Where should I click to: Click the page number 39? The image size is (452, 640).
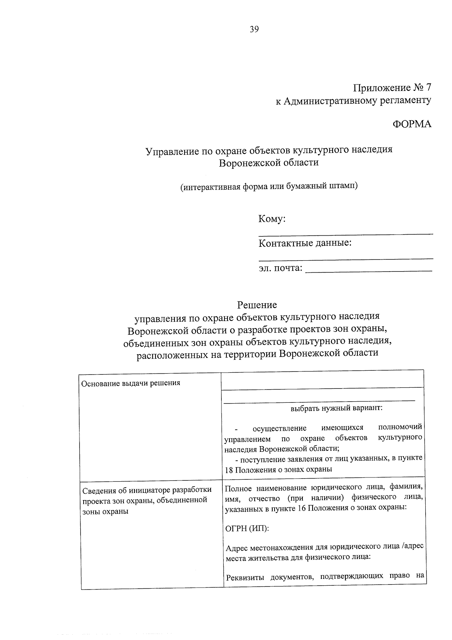coord(254,29)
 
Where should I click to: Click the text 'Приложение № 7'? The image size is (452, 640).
coord(392,88)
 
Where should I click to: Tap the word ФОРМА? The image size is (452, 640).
coord(412,124)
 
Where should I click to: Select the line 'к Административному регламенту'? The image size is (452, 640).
coord(353,101)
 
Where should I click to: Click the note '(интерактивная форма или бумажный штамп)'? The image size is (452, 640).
coord(269,186)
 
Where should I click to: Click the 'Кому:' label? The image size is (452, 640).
coord(272,219)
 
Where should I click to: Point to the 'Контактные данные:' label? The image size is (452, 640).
coord(305,243)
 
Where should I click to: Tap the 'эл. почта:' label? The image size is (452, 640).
coord(280,268)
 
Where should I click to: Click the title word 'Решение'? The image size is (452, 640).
coord(257,304)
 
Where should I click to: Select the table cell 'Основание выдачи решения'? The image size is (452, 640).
coord(131,383)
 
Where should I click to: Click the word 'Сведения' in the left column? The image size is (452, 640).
coord(98,490)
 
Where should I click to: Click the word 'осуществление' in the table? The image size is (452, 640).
coord(279,428)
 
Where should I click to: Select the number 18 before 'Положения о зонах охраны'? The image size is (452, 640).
coord(229,470)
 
